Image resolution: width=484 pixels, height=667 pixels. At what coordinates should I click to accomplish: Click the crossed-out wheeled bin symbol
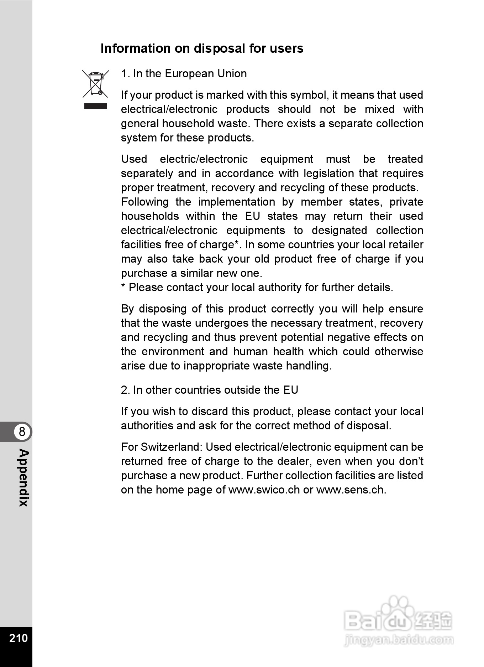point(95,84)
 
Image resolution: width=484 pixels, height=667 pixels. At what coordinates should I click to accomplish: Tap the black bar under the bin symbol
point(95,106)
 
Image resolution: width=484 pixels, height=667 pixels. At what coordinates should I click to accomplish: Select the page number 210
point(19,638)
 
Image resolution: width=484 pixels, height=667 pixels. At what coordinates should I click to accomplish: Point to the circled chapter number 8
point(22,431)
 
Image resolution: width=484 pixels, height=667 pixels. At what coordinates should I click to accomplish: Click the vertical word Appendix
point(23,477)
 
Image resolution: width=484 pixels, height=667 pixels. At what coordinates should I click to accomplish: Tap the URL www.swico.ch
point(264,490)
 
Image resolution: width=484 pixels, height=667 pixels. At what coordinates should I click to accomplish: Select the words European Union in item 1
point(206,74)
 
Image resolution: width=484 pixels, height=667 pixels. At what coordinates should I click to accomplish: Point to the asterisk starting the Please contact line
point(123,287)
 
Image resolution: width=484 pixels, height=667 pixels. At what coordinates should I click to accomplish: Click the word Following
point(145,202)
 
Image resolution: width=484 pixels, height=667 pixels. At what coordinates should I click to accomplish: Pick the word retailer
point(405,245)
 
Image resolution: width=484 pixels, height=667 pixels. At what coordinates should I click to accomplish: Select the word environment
point(173,352)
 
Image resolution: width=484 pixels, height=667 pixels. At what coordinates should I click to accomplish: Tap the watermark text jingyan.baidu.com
point(399,640)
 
